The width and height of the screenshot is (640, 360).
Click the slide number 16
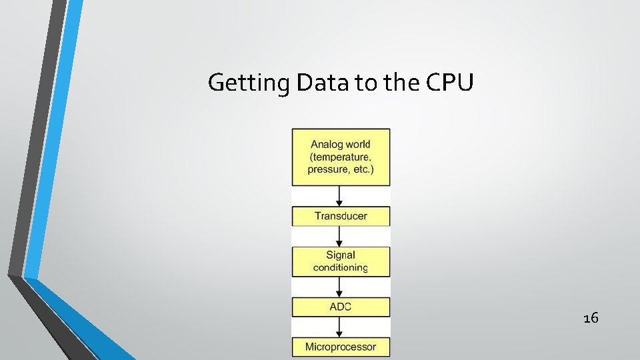pyautogui.click(x=590, y=318)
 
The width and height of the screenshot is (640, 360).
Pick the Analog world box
pyautogui.click(x=341, y=157)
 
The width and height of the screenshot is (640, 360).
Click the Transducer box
pyautogui.click(x=341, y=216)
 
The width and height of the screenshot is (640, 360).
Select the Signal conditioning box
pyautogui.click(x=341, y=261)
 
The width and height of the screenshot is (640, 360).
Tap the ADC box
pyautogui.click(x=341, y=307)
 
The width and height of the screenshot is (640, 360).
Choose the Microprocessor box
pyautogui.click(x=341, y=347)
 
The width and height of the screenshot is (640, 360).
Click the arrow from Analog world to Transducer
pyautogui.click(x=340, y=196)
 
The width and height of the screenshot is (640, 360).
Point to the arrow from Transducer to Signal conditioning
pyautogui.click(x=340, y=237)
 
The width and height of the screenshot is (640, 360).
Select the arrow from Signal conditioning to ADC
pyautogui.click(x=340, y=287)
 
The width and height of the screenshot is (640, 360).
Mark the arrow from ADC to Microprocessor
pyautogui.click(x=340, y=327)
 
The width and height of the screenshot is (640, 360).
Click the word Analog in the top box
pyautogui.click(x=327, y=145)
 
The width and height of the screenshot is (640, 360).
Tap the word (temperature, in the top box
pyautogui.click(x=340, y=157)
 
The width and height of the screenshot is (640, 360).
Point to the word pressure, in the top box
pyautogui.click(x=327, y=170)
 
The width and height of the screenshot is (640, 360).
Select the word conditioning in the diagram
pyautogui.click(x=341, y=268)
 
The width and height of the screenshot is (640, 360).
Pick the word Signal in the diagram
pyautogui.click(x=341, y=255)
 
